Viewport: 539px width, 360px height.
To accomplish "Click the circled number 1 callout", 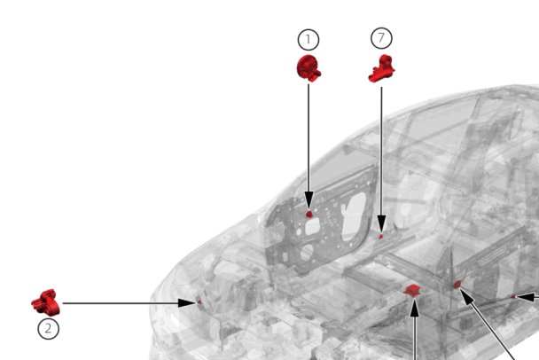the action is click(x=309, y=40).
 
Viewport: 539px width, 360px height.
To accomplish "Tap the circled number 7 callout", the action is click(x=381, y=38).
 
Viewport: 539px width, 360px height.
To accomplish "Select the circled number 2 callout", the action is click(x=48, y=329).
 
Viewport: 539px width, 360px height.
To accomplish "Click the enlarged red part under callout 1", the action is click(x=309, y=68).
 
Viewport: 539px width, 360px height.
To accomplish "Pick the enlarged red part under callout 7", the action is click(x=381, y=69).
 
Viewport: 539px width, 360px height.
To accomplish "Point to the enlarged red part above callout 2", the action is click(x=46, y=302).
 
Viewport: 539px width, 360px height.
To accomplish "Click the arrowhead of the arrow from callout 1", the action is click(x=309, y=200).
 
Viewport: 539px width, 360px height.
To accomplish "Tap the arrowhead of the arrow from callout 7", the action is click(x=381, y=223).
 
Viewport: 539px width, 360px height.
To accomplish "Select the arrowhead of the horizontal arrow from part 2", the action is click(x=187, y=303).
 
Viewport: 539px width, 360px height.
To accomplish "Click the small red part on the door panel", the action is click(x=309, y=215).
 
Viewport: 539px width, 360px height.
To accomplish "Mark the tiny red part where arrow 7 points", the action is click(x=380, y=236).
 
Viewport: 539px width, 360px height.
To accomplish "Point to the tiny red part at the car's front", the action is click(x=199, y=302).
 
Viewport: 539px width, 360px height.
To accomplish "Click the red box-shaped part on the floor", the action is click(x=412, y=290).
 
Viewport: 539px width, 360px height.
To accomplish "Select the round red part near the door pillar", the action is click(x=457, y=285).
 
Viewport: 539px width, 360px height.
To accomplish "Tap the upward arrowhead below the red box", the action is click(x=415, y=308).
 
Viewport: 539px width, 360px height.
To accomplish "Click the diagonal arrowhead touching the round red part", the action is click(x=466, y=297).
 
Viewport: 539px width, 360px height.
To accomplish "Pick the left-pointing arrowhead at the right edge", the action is click(x=526, y=297).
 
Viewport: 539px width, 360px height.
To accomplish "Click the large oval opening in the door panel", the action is click(x=354, y=216).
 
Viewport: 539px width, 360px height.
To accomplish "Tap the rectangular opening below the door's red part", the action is click(x=312, y=228).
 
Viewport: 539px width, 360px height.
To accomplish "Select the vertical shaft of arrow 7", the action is click(x=381, y=152).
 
